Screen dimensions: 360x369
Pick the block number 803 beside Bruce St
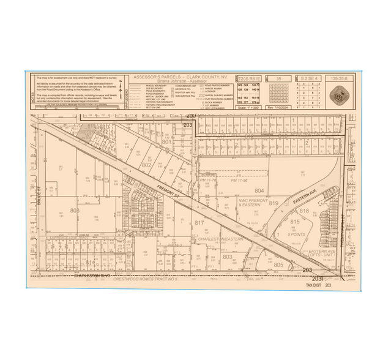(75, 211)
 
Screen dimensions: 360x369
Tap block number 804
(259, 190)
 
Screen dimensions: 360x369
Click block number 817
(199, 223)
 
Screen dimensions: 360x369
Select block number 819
(274, 203)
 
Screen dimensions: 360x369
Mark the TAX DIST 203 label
(318, 285)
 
